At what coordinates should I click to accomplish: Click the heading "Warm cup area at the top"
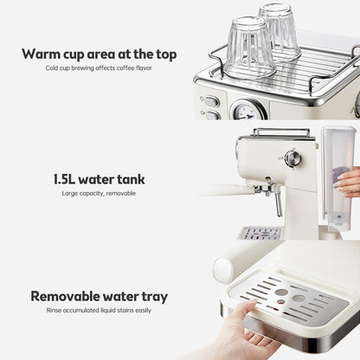[100, 55]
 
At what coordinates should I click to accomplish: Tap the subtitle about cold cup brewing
[99, 68]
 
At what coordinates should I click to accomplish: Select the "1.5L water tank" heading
[99, 179]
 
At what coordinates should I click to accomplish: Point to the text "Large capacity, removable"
[99, 193]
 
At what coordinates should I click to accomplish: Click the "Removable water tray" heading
[100, 297]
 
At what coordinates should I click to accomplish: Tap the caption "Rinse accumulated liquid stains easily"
[99, 311]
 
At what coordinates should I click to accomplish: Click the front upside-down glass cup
[249, 48]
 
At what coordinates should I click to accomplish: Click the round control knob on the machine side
[292, 158]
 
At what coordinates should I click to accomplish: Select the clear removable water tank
[337, 179]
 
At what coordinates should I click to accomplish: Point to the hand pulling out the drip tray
[236, 331]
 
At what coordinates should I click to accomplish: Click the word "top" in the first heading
[166, 55]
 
